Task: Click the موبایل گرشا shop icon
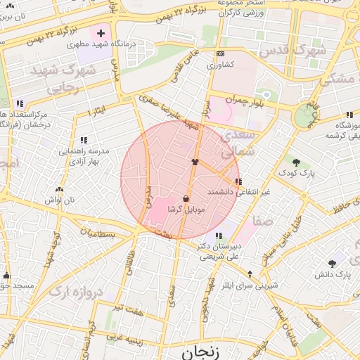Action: [x=186, y=199]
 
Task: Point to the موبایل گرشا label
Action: [x=186, y=210]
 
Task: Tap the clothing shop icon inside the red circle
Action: [x=195, y=161]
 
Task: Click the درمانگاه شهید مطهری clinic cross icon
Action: [x=101, y=33]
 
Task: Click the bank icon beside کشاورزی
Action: [x=220, y=53]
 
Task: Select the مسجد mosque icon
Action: [x=6, y=275]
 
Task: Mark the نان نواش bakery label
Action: [x=59, y=200]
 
